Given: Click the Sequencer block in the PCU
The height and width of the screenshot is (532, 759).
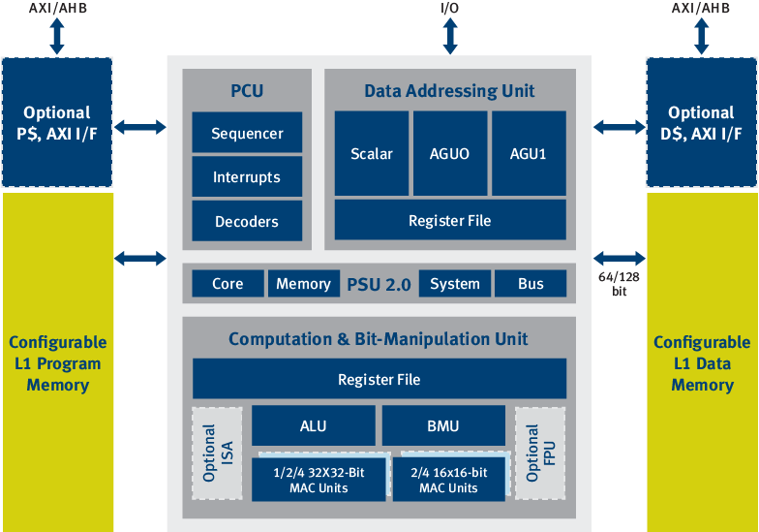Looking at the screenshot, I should click(x=247, y=133).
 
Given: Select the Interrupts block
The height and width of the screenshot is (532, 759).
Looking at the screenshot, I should click(x=247, y=177).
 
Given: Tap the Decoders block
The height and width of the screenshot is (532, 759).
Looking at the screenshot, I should click(x=247, y=221).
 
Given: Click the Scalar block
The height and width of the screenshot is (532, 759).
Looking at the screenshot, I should click(x=371, y=153).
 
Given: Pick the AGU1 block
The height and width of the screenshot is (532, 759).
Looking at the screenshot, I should click(x=529, y=153).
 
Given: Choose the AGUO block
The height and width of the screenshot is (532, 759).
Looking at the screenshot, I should click(x=449, y=153).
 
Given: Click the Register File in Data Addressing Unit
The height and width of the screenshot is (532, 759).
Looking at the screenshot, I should click(x=449, y=220).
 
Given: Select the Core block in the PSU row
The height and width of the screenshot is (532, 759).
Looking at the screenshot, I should click(x=227, y=283).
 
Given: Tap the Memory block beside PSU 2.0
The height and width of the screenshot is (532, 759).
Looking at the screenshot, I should click(x=303, y=283).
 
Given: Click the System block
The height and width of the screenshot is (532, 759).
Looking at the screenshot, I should click(x=454, y=283).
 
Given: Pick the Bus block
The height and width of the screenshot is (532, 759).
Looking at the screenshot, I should click(x=531, y=283).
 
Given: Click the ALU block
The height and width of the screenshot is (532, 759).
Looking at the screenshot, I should click(x=313, y=425).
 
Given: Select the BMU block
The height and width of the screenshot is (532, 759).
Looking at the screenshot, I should click(x=442, y=425).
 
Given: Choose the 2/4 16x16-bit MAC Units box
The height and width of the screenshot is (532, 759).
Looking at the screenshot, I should click(x=448, y=480).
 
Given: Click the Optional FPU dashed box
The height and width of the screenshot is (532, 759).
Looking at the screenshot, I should click(x=539, y=453).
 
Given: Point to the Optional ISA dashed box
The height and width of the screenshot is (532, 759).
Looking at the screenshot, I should click(x=217, y=453).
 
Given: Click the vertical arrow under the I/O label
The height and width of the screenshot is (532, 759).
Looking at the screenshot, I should click(x=450, y=37).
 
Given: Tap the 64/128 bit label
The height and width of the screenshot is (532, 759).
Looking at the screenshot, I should click(x=619, y=283).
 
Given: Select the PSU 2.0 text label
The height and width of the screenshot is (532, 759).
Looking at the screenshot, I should click(x=379, y=284).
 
